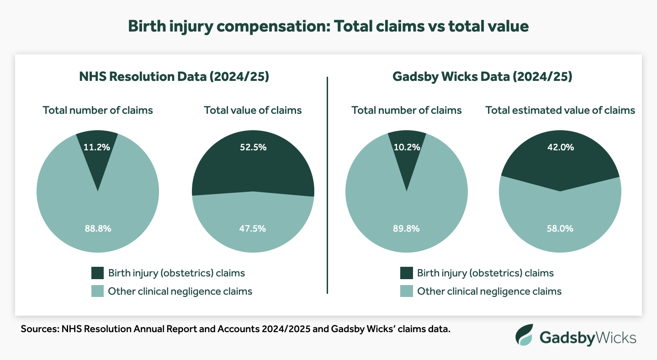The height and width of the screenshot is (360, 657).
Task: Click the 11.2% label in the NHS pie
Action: [x=97, y=147]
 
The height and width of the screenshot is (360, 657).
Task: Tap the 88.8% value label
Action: [x=98, y=228]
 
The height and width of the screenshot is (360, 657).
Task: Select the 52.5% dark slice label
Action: [x=253, y=147]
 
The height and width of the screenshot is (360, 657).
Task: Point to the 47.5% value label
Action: [x=253, y=228]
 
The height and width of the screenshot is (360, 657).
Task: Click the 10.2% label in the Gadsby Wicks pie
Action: [x=407, y=147]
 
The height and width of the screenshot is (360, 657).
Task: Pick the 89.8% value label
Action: [x=407, y=228]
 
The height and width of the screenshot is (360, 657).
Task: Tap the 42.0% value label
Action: [x=560, y=147]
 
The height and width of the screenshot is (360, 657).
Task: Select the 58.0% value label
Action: [x=560, y=228]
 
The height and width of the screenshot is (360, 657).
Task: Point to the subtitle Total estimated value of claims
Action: [x=560, y=110]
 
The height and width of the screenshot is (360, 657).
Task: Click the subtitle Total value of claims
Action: [x=253, y=110]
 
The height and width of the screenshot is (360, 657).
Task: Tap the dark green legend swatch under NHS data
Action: [x=98, y=273]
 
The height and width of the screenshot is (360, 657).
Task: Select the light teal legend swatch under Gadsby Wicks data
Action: [x=407, y=291]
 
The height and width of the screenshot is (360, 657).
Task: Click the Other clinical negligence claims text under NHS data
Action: [x=180, y=291]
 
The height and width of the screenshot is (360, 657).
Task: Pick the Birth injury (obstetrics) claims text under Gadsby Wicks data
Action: [x=485, y=273]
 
